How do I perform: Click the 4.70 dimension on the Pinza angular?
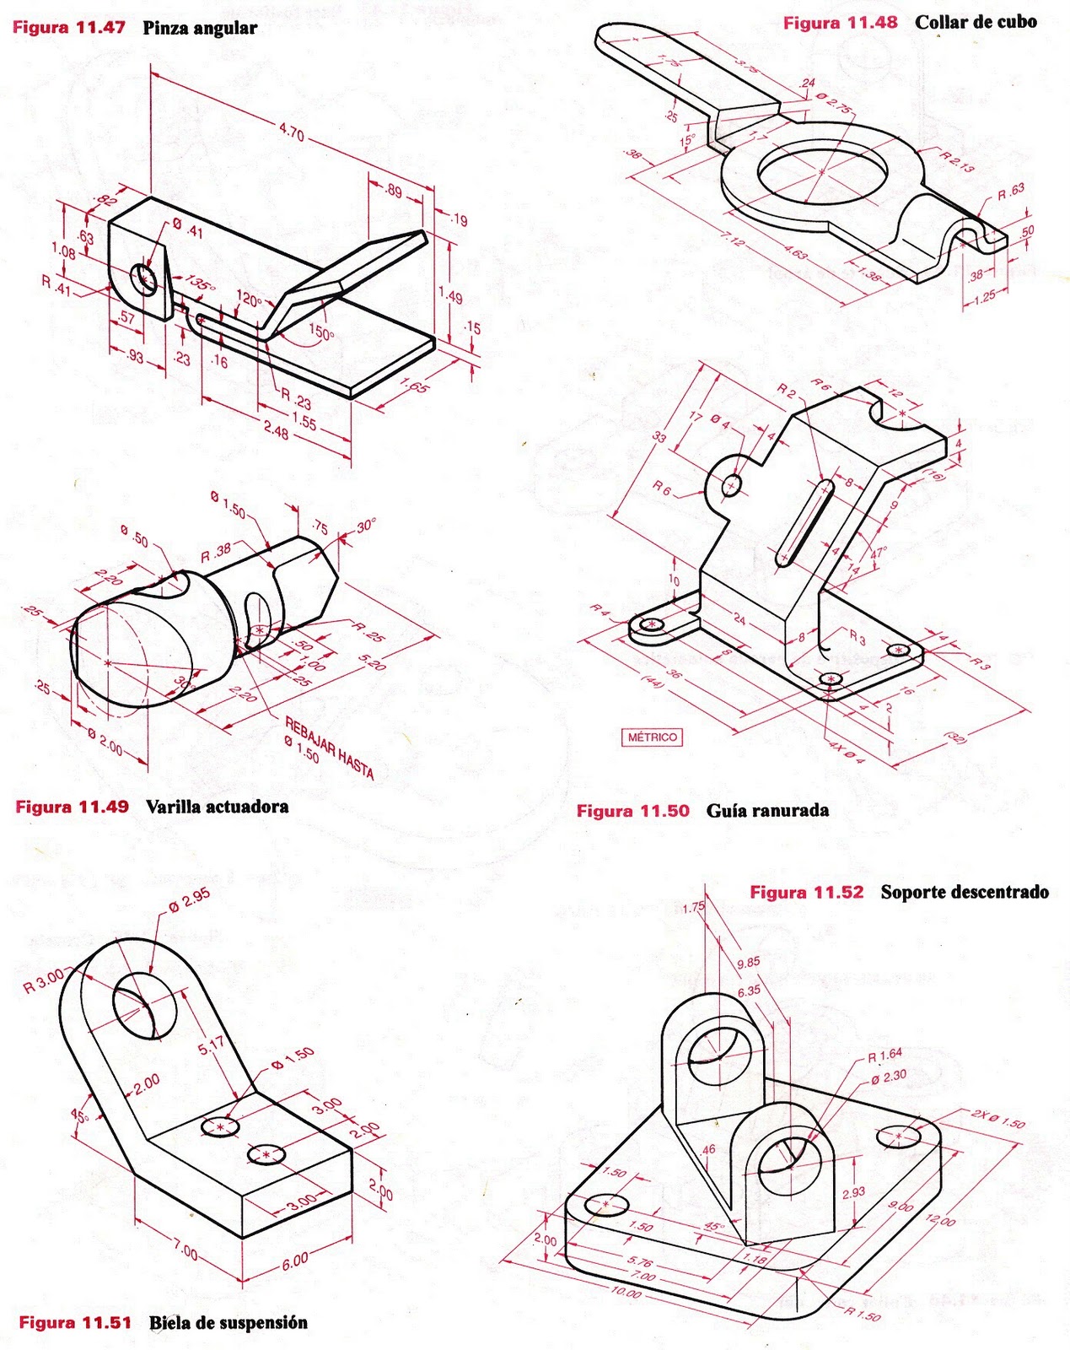(291, 132)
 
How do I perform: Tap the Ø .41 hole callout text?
(187, 229)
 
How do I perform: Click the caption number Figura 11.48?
(840, 23)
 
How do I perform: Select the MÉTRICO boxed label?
(653, 737)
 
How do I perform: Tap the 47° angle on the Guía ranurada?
(879, 554)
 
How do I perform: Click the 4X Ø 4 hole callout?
(847, 753)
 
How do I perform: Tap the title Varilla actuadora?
(217, 807)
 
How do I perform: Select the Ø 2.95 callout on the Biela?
(189, 900)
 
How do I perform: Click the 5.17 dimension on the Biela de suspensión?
(211, 1047)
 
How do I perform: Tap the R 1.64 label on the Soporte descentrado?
(884, 1054)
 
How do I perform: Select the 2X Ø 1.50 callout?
(997, 1119)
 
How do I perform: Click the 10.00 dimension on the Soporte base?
(626, 1291)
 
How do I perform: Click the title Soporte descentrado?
(965, 892)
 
